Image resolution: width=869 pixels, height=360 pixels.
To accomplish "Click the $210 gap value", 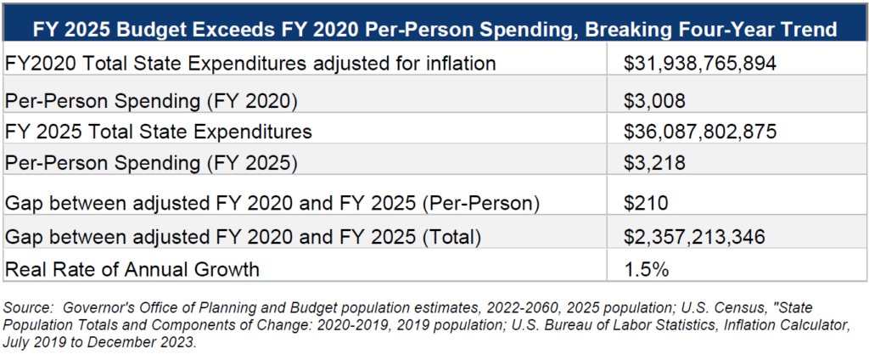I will tap(646, 203).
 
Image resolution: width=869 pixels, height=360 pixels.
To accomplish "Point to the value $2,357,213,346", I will tap(695, 237).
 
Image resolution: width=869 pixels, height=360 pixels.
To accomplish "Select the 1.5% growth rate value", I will tap(648, 270).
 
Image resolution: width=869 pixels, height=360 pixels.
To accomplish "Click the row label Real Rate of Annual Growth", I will tap(132, 270).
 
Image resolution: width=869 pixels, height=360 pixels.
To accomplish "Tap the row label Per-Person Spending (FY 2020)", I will tap(151, 99).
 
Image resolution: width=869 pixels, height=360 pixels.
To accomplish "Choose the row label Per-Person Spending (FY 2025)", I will tap(151, 164).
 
